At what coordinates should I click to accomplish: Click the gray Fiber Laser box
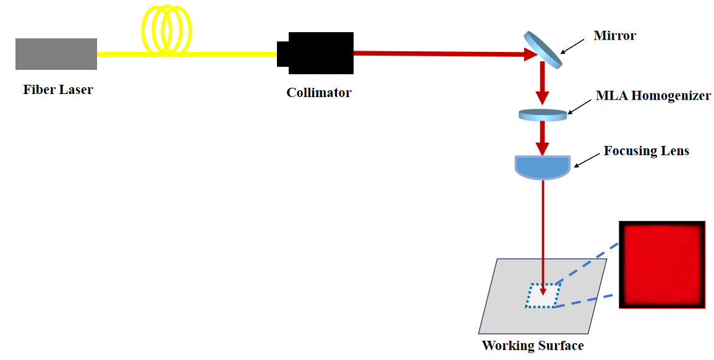[56, 54]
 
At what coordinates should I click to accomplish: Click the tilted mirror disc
[543, 49]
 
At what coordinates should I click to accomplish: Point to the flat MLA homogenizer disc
[543, 114]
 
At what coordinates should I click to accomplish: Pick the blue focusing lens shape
[542, 166]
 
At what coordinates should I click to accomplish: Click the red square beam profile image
[662, 264]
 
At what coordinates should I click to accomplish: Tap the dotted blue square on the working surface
[543, 295]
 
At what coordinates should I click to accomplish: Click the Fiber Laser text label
[58, 90]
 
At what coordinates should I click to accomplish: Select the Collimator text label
[318, 93]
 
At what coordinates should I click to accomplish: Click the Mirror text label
[614, 35]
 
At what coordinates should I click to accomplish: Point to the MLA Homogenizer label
[653, 96]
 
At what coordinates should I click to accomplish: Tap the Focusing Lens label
[646, 151]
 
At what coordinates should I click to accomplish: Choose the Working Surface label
[532, 345]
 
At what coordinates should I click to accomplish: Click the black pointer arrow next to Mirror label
[572, 45]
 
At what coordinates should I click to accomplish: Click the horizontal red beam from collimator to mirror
[439, 54]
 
